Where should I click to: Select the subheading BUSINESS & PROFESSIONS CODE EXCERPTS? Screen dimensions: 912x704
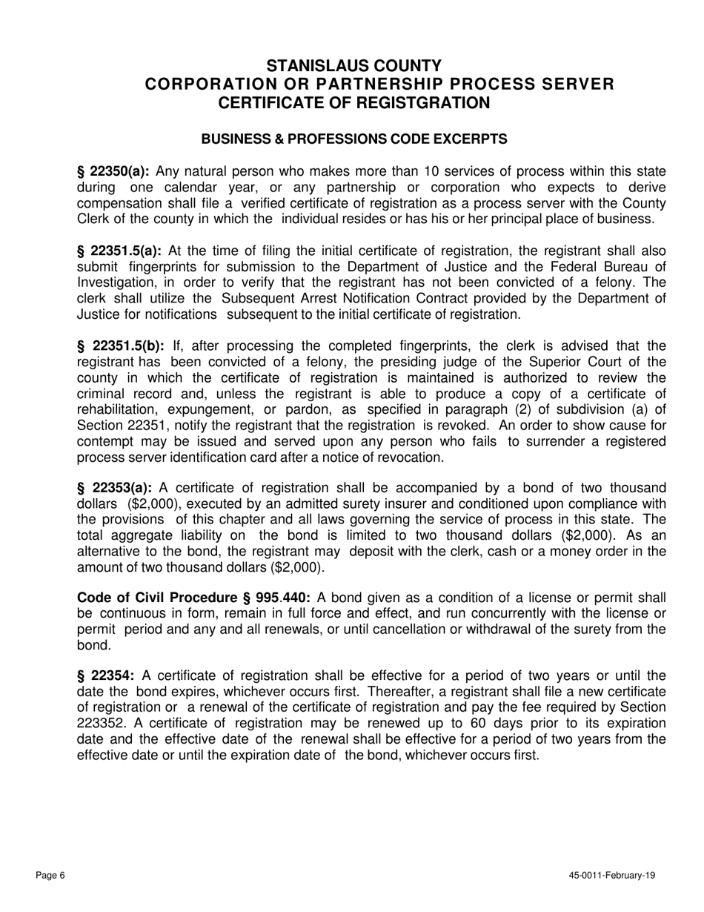(354, 139)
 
